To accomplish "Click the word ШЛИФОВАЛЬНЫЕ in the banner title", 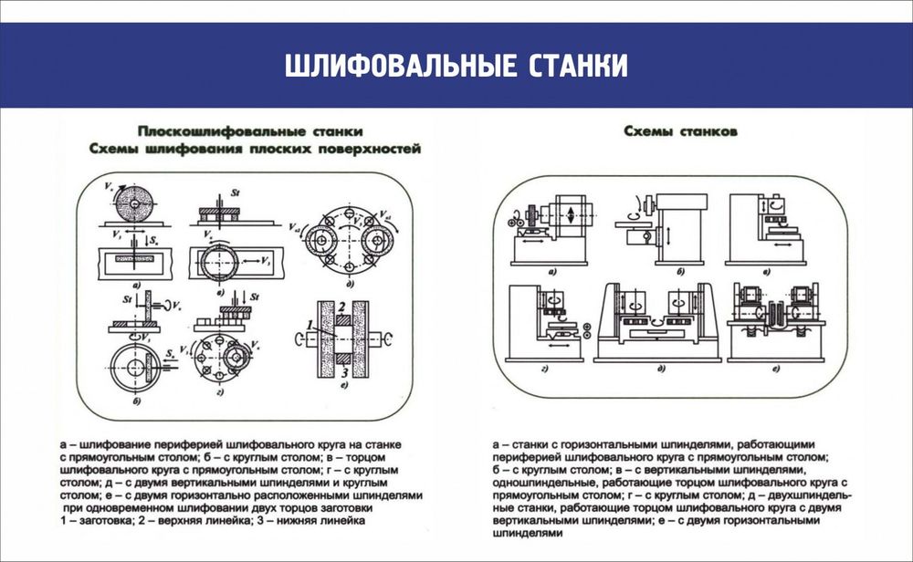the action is click(x=399, y=67).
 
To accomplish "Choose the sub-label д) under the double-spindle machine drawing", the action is click(x=658, y=369).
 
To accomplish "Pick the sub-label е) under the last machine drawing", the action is click(x=774, y=369).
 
